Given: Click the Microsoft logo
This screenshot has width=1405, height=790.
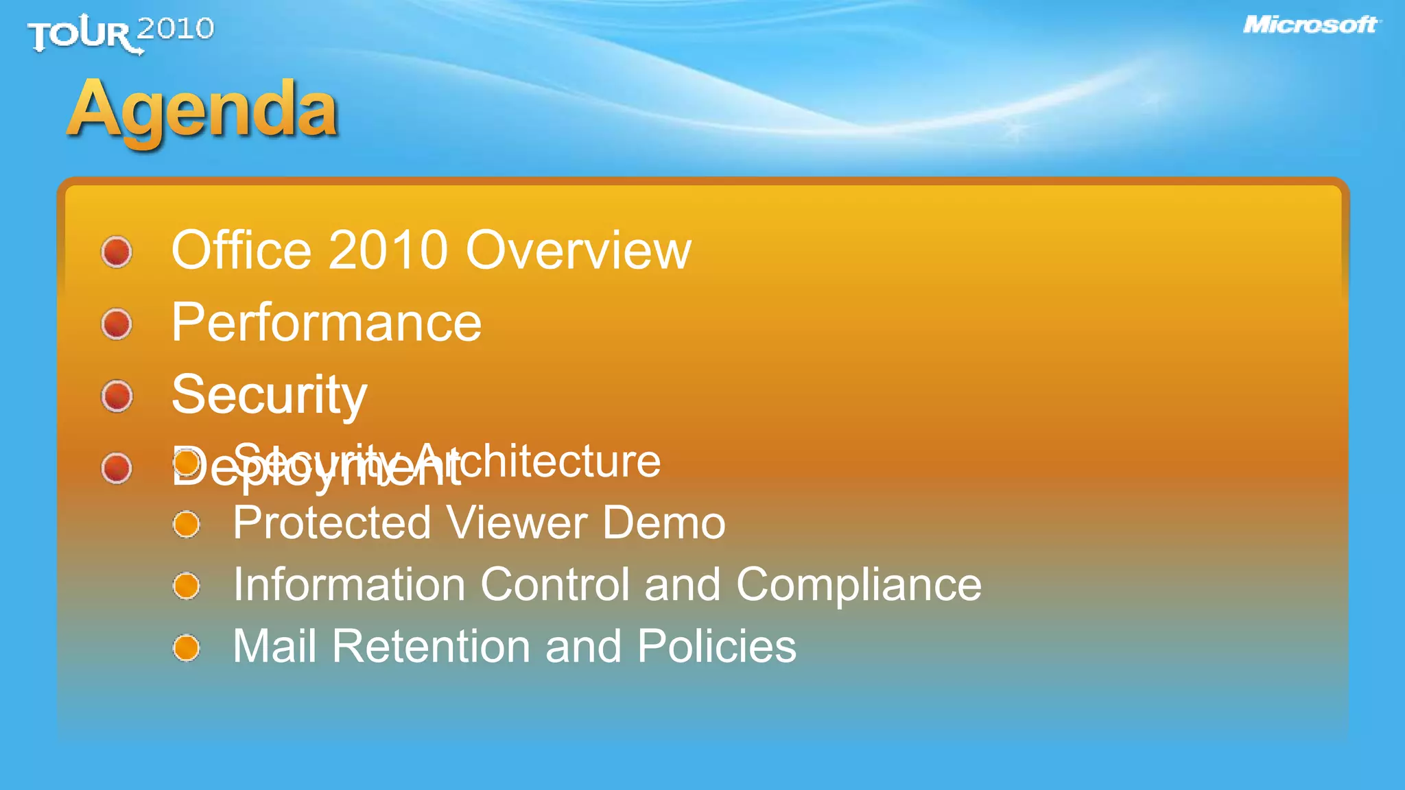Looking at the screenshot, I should (x=1310, y=25).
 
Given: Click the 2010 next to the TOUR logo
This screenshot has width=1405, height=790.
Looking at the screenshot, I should (x=176, y=29).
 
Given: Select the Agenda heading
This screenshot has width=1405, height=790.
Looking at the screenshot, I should (x=203, y=110).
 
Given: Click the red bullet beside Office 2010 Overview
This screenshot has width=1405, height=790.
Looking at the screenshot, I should (x=117, y=252).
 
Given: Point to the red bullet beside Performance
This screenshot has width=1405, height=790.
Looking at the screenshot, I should (x=117, y=324).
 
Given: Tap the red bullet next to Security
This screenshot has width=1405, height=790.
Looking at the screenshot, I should (x=117, y=396).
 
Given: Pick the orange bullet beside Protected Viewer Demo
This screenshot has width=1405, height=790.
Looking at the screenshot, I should (x=186, y=525).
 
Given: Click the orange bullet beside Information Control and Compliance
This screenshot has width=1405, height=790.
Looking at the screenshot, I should (x=186, y=586).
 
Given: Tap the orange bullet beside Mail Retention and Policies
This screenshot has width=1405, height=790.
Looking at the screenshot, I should (x=186, y=648).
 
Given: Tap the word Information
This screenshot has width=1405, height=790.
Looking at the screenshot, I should (x=349, y=585).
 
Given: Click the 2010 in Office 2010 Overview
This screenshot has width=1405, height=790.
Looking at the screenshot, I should (x=388, y=250).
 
